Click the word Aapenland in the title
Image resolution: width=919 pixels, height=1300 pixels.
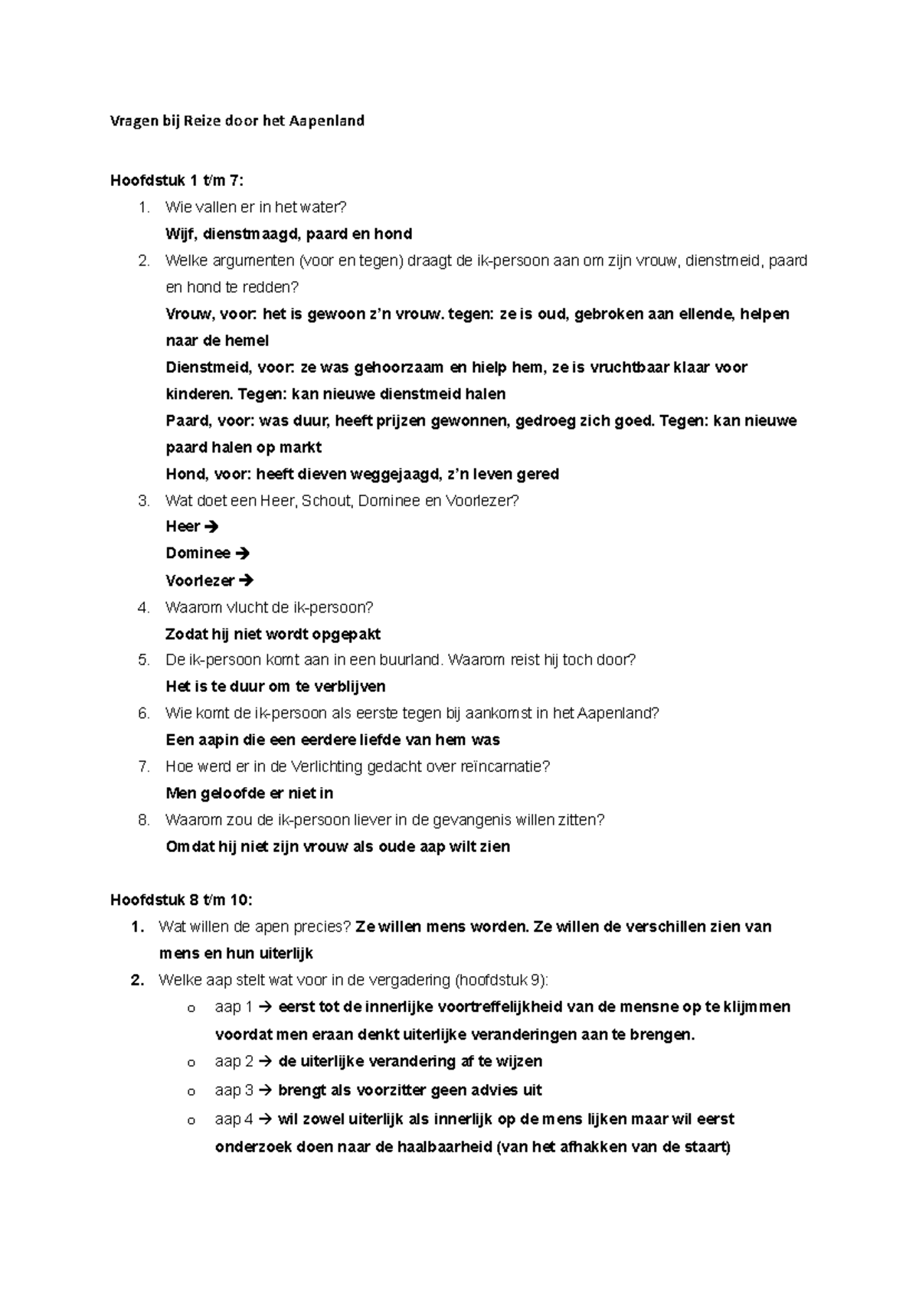click(x=326, y=121)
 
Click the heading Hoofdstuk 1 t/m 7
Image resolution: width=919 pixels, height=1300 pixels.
click(x=177, y=181)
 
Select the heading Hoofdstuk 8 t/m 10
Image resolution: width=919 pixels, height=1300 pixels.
click(x=181, y=900)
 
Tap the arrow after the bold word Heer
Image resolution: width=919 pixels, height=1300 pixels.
click(x=213, y=527)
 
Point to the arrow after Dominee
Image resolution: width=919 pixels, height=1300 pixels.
click(x=244, y=554)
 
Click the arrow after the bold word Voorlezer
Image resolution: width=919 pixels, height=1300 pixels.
click(x=247, y=580)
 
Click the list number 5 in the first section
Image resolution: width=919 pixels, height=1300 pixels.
click(x=143, y=660)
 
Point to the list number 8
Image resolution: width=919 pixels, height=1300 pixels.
click(x=143, y=820)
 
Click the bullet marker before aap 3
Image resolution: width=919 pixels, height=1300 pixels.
click(x=191, y=1092)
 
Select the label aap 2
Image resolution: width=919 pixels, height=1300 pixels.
click(x=234, y=1062)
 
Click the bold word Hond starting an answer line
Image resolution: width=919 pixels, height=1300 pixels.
click(x=184, y=475)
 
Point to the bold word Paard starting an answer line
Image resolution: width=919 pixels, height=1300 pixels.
click(x=186, y=421)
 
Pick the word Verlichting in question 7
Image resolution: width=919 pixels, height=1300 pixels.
click(x=325, y=766)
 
